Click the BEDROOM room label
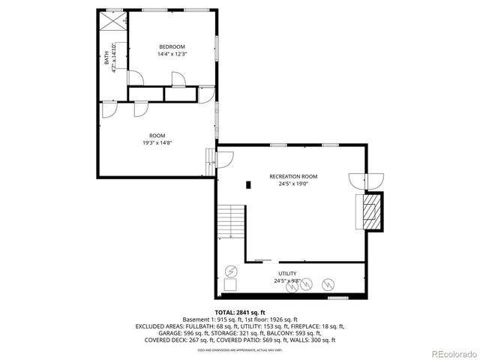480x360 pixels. coord(172,46)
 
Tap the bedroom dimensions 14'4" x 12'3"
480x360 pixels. coord(172,54)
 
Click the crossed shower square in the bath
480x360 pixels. coord(114,22)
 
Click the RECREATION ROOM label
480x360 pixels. coord(289,176)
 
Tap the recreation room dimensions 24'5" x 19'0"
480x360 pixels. coord(289,184)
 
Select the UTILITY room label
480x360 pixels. coord(289,274)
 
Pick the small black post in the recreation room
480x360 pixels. coord(247,183)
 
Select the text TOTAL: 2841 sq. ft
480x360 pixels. coord(240,312)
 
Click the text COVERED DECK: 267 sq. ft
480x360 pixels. coord(168,340)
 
